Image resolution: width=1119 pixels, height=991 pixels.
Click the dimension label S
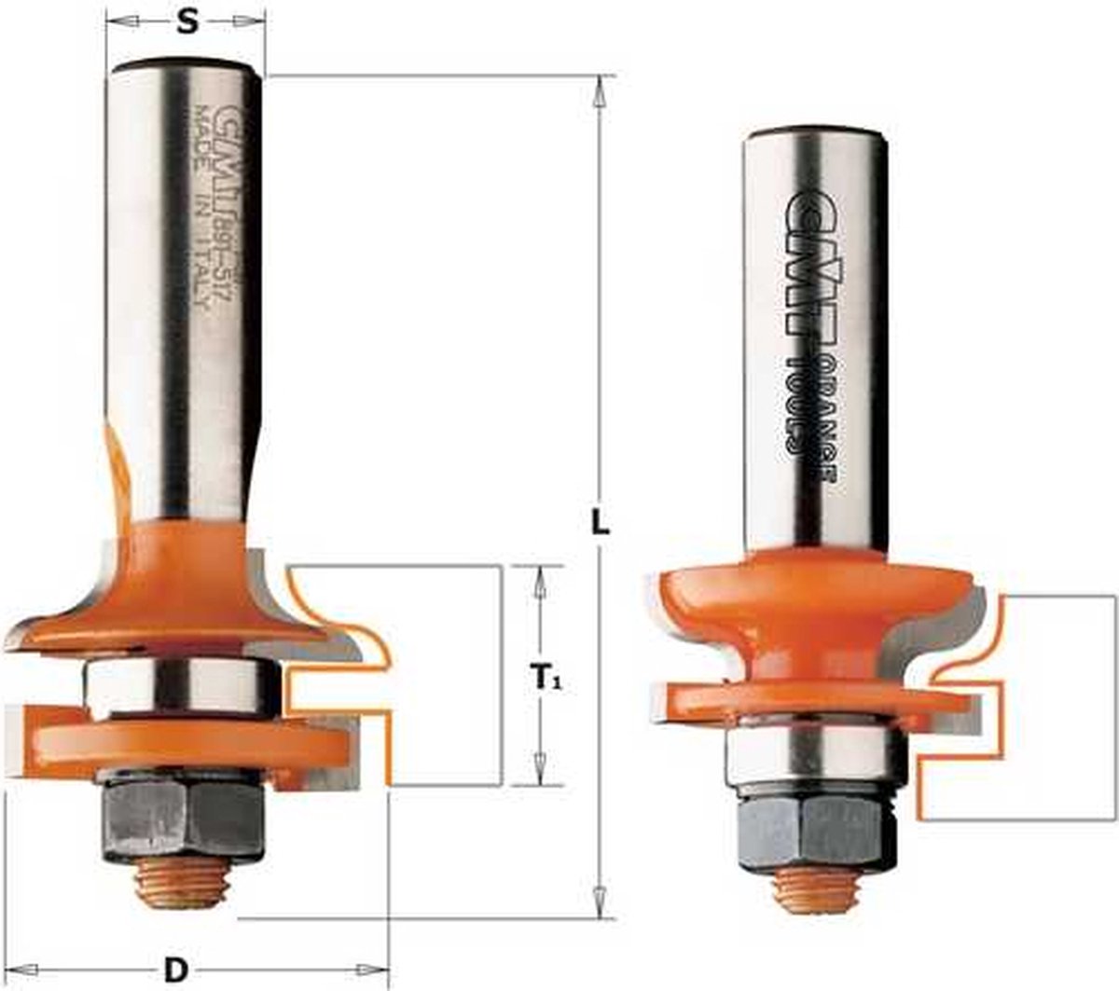[187, 21]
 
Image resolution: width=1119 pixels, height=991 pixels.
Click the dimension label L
[601, 523]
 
